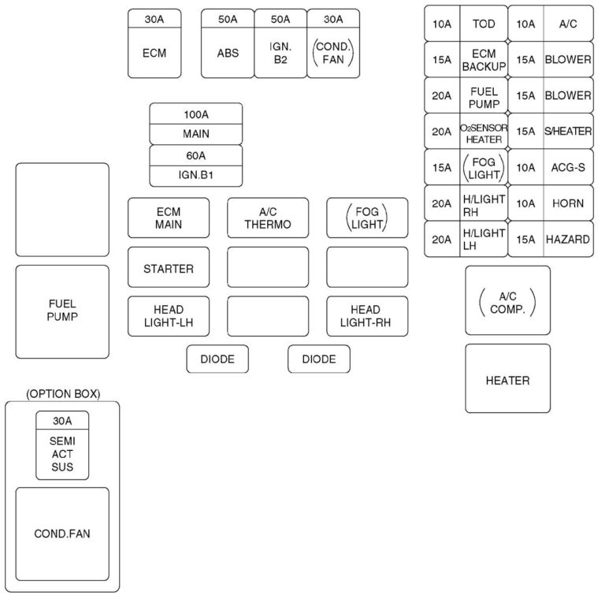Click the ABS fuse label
click(x=228, y=54)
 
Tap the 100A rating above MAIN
click(x=195, y=113)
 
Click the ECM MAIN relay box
click(x=169, y=218)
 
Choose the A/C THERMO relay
click(x=268, y=218)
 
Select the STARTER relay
click(x=169, y=268)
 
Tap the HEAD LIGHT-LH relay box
click(x=169, y=316)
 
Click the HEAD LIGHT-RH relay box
click(x=367, y=316)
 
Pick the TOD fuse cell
click(x=484, y=24)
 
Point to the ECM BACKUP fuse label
click(x=484, y=59)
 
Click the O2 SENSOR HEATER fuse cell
click(x=484, y=132)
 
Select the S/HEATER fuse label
click(x=568, y=132)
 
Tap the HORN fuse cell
click(x=568, y=203)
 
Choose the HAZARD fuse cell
click(x=568, y=239)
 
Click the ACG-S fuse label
click(x=568, y=167)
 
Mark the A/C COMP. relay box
click(x=507, y=300)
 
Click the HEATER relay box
click(x=507, y=379)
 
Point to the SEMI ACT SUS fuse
click(x=62, y=455)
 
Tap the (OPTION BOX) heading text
click(x=63, y=393)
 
